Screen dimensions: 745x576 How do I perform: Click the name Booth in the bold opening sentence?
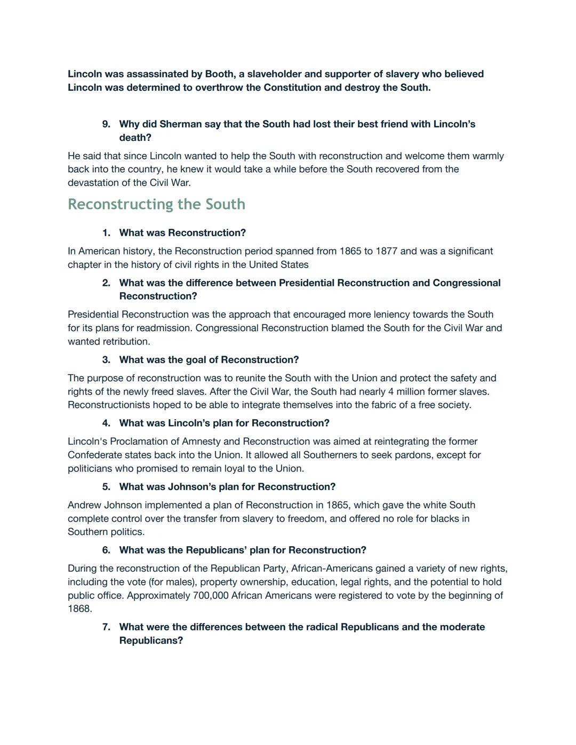(219, 74)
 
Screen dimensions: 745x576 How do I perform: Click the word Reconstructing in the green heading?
(122, 204)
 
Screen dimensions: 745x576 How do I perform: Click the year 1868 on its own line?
(79, 608)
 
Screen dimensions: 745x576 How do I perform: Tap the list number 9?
(106, 124)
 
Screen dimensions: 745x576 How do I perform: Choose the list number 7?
(106, 627)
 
